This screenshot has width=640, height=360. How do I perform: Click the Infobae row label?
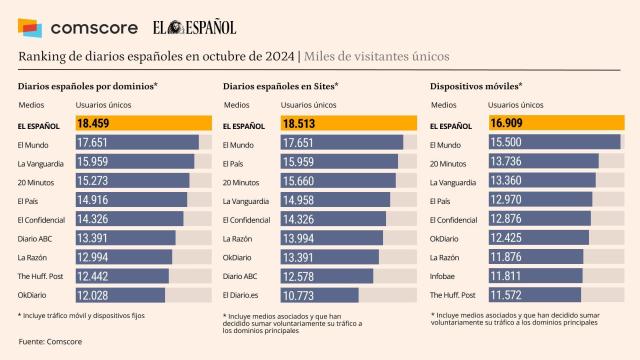tap(444, 275)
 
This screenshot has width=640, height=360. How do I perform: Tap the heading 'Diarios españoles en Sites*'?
tap(281, 86)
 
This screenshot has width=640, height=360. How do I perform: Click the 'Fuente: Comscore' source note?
tap(51, 343)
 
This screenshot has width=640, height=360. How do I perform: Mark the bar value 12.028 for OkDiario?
tap(120, 295)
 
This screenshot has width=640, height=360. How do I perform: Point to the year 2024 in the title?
tap(278, 57)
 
